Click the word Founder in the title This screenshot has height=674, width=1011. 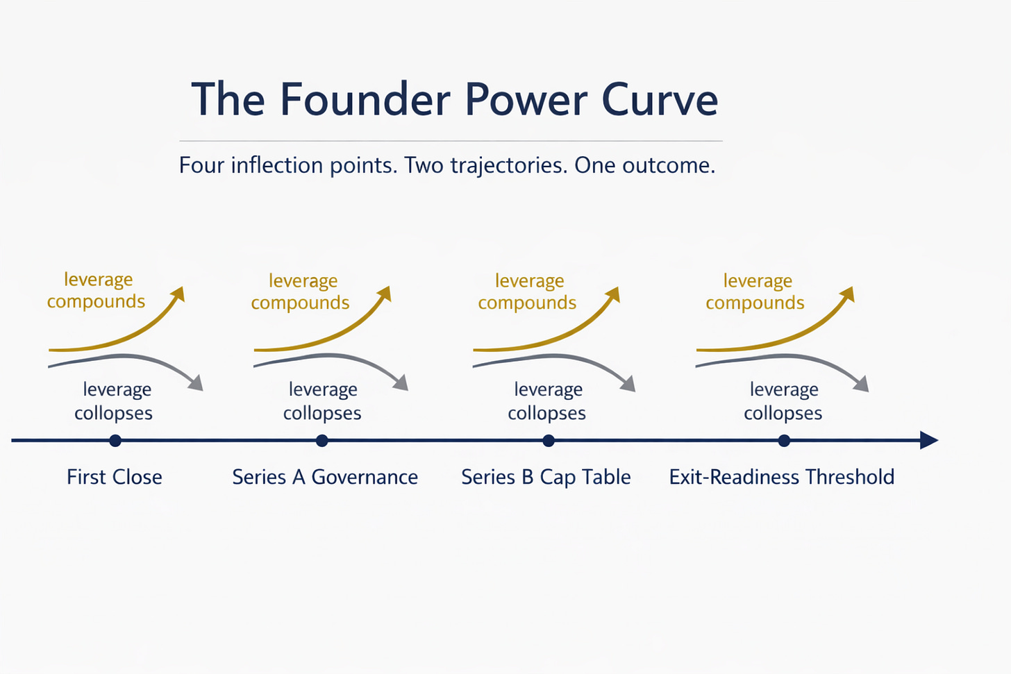pos(365,99)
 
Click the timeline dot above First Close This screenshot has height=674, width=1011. pos(115,440)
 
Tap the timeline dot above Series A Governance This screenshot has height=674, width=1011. pos(321,440)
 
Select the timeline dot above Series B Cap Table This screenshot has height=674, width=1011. pos(549,440)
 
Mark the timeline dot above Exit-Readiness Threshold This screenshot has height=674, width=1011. pos(784,440)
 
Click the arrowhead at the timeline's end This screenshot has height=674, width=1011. pos(929,440)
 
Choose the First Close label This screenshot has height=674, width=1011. pos(115,477)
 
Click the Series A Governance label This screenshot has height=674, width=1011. pos(325,477)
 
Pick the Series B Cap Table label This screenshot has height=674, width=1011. pos(546,477)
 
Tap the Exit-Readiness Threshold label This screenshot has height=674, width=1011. pos(782,477)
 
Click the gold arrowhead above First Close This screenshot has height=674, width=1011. pos(179,294)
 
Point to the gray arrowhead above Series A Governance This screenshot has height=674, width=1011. pos(401,383)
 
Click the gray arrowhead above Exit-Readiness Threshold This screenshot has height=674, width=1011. pos(862,384)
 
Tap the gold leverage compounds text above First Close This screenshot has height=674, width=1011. pos(97,290)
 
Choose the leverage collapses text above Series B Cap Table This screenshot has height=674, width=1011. pos(547,401)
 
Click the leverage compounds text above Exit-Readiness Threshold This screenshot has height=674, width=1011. pos(755,292)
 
